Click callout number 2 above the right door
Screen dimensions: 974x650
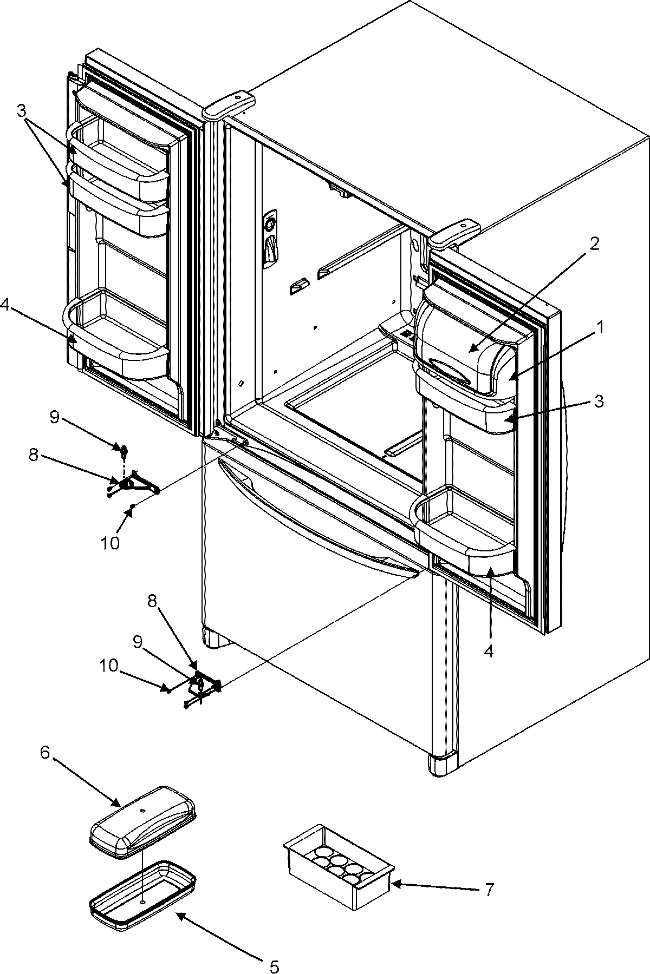point(594,243)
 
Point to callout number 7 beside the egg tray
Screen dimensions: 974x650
point(489,889)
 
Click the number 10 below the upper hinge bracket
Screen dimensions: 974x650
point(110,542)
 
